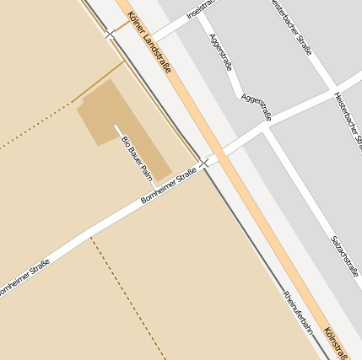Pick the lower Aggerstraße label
point(256,106)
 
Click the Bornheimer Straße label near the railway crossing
point(170,186)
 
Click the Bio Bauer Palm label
point(136,158)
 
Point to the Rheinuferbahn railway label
point(299,313)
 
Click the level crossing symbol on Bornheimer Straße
point(203,162)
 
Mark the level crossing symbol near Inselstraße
point(111,34)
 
